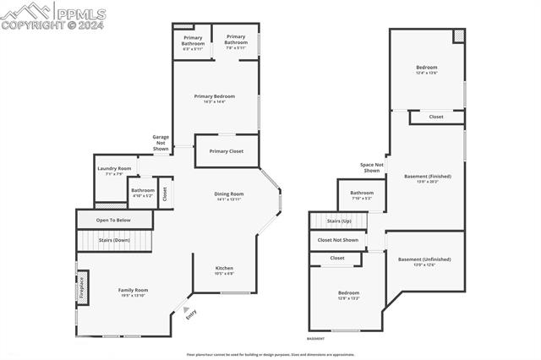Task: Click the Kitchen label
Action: (224, 270)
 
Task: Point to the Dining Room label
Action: (228, 195)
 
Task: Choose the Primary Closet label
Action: (226, 150)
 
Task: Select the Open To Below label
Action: (113, 220)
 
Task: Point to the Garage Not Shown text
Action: (161, 142)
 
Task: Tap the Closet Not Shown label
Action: (338, 240)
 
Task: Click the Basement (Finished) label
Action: (428, 177)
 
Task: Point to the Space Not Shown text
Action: (371, 167)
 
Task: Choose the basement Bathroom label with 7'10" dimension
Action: (362, 194)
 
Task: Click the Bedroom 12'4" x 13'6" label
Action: (427, 68)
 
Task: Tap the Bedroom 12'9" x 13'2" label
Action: (348, 295)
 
